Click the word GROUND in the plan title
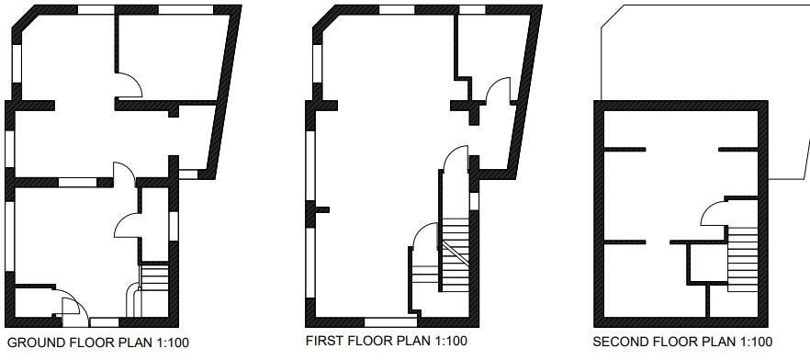(x=35, y=343)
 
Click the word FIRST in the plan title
(x=324, y=341)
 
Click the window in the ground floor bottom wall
(x=104, y=322)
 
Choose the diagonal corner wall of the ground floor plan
(x=21, y=27)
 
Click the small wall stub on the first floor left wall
(x=321, y=210)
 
